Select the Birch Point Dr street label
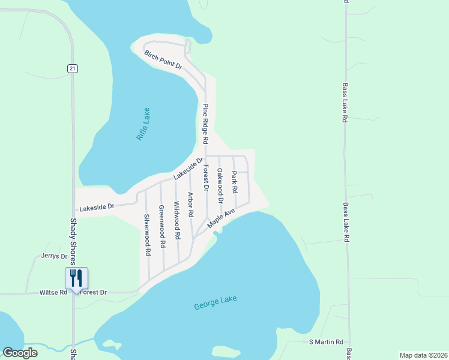coord(163,61)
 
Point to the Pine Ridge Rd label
coord(205,124)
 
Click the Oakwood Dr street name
coord(220,181)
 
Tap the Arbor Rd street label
coord(191,204)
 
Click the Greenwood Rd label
coord(161,227)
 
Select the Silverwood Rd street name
coord(147,235)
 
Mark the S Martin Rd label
coord(326,341)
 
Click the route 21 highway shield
coord(73,69)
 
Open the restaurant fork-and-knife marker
coord(76,278)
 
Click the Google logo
coord(20,352)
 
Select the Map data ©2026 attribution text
coord(423,355)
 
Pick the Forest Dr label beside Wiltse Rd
coord(94,293)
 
